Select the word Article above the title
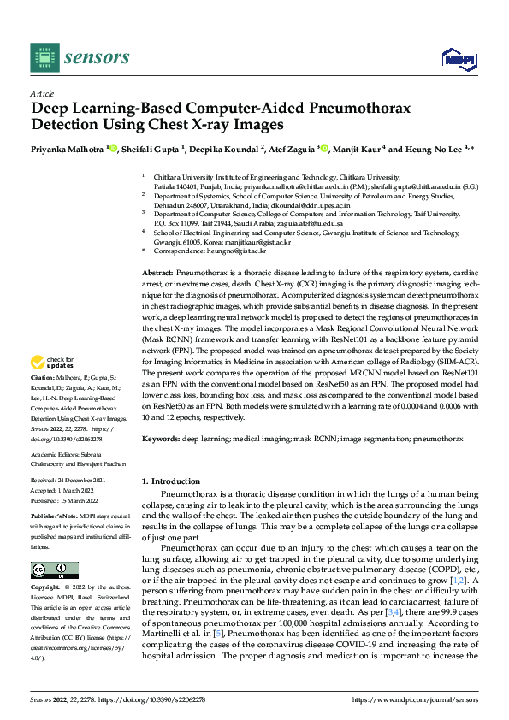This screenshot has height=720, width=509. (x=41, y=93)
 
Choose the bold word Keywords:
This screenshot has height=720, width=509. (x=160, y=438)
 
